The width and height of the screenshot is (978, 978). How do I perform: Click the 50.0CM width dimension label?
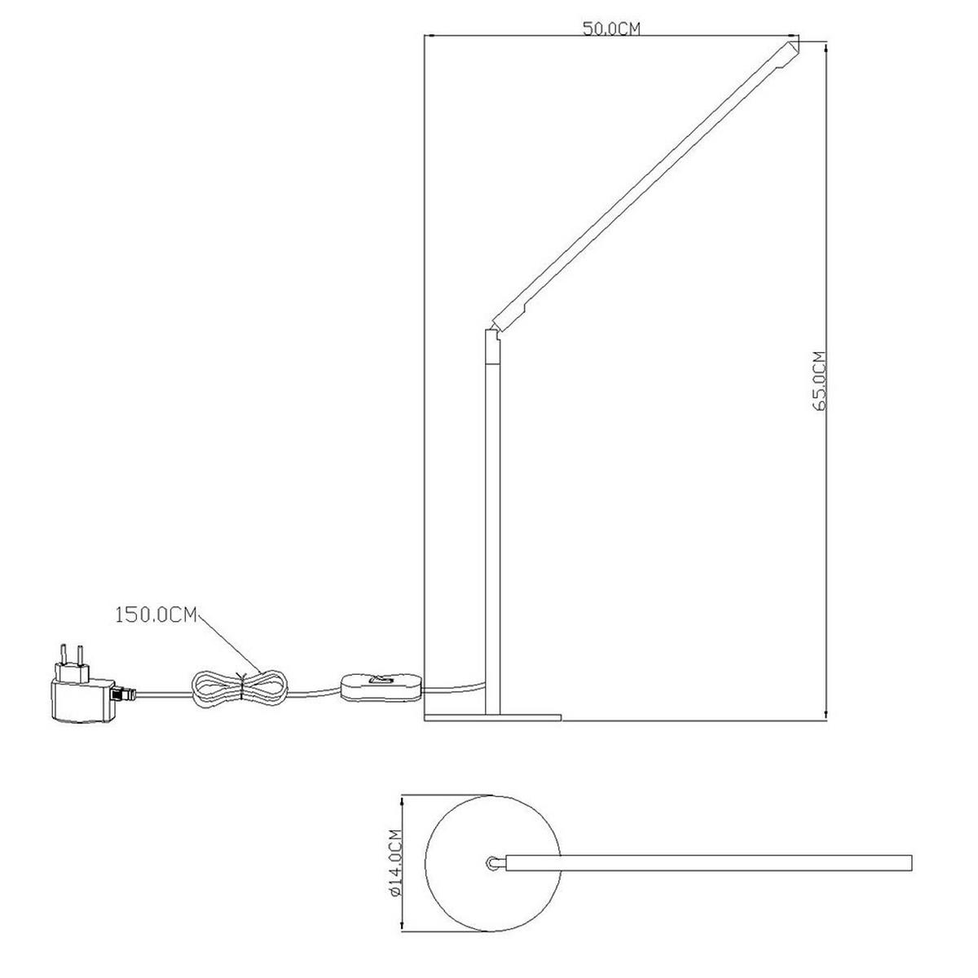tap(611, 29)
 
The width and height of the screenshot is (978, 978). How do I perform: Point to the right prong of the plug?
tap(81, 658)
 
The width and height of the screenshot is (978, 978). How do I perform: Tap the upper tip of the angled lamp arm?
tap(791, 49)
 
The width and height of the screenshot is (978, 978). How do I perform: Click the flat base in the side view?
tap(493, 716)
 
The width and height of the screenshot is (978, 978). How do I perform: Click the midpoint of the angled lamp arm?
tap(644, 183)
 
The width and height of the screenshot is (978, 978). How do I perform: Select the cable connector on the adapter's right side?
tap(123, 694)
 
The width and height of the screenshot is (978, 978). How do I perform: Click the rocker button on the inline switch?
tap(380, 678)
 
